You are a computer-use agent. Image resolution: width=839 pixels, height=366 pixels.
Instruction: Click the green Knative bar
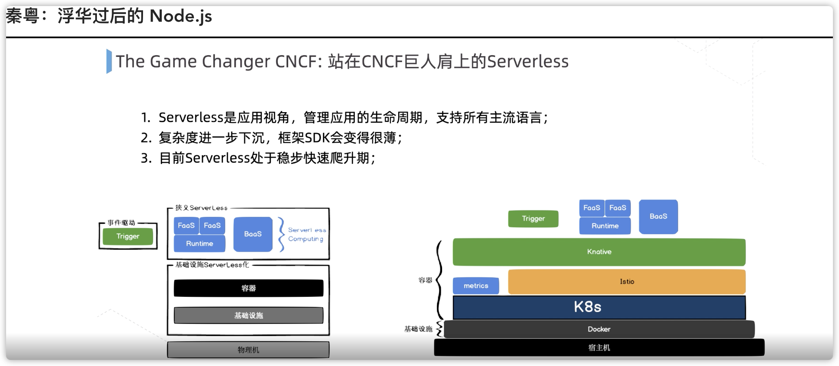[599, 252]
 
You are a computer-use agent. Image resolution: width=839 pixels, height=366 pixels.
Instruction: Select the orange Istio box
[626, 282]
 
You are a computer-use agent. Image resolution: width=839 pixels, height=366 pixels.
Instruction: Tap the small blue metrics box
[476, 286]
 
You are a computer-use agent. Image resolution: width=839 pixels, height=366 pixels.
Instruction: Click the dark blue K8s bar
[599, 307]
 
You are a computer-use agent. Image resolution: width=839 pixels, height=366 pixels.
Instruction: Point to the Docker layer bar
[599, 329]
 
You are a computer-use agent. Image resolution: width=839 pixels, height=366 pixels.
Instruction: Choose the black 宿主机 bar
[599, 348]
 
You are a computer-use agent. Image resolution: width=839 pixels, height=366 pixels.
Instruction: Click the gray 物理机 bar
[248, 350]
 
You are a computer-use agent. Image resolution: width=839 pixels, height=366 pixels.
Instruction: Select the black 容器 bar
[248, 288]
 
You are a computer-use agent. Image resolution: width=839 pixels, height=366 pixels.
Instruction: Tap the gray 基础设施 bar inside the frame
[248, 316]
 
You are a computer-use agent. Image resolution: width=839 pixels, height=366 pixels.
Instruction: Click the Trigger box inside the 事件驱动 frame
[128, 236]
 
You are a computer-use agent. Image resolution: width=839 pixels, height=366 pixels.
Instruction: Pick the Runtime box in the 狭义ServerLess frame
[200, 244]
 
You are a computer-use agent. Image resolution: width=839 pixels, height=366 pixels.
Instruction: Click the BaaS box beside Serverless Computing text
[253, 234]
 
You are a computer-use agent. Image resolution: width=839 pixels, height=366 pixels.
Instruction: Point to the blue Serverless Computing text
[306, 234]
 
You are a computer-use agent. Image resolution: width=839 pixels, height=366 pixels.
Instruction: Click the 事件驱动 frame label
[121, 223]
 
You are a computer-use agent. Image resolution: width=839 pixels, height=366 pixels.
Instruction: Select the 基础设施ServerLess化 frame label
[212, 265]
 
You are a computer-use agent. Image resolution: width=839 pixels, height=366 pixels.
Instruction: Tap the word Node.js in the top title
[180, 17]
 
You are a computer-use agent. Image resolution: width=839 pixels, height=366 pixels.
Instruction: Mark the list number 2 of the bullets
[146, 138]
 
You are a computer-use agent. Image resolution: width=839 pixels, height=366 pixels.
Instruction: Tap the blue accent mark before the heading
[109, 61]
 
